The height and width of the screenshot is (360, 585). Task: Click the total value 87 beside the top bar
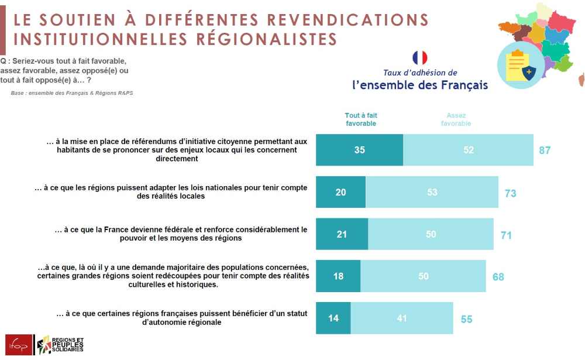coord(545,150)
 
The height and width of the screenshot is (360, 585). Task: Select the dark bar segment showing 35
coord(359,150)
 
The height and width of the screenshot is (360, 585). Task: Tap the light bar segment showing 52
coord(468,150)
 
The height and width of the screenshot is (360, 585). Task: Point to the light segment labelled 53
coord(432,193)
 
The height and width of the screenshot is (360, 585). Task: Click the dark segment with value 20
coord(340,193)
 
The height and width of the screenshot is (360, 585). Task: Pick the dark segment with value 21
coord(342,235)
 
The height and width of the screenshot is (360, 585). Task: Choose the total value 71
coord(507,235)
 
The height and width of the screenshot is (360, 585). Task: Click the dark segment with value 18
coord(338,276)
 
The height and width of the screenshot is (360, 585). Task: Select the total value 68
coord(498,277)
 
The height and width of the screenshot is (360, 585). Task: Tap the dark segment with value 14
coord(333,318)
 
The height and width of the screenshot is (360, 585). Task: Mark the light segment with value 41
coord(401,318)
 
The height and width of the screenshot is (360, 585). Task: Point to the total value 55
coord(466,320)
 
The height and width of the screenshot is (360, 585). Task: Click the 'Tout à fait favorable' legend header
coord(361,119)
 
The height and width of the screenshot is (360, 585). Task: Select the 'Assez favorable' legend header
coord(456,119)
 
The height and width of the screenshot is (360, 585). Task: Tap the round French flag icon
coord(419,58)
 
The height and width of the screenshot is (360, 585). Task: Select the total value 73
coord(510,193)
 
